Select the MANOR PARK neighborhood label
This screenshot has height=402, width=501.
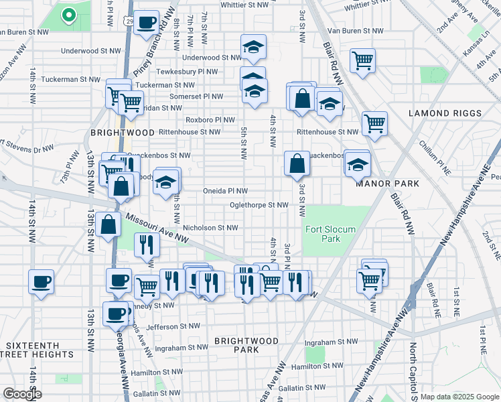point(388,183)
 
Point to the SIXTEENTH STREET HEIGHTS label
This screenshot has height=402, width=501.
point(39,349)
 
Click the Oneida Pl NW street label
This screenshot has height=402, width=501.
point(226,191)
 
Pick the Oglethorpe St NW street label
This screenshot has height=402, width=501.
point(259,205)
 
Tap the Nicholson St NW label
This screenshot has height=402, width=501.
point(210,228)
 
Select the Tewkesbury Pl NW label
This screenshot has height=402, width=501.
point(187,72)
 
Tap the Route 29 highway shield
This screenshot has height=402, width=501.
point(127,22)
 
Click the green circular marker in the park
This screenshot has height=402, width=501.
point(68,14)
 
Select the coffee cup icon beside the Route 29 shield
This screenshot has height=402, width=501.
point(147,23)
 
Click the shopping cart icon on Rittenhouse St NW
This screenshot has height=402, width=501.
point(374,123)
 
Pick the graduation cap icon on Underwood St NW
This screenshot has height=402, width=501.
point(253,46)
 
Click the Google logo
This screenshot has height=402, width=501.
point(21,393)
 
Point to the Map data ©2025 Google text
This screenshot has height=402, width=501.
point(459,397)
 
